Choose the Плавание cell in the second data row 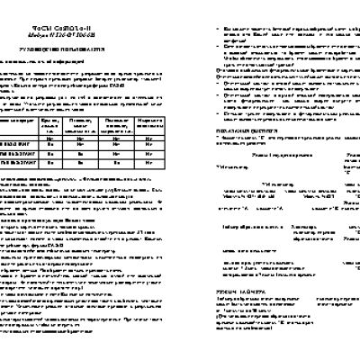pos(78,154)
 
